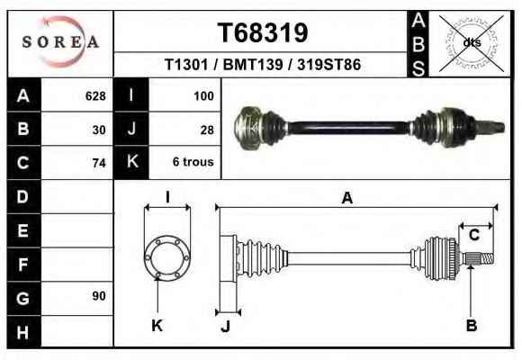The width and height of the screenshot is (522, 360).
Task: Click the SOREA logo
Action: click(60, 41)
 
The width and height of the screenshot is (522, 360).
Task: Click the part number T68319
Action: click(263, 32)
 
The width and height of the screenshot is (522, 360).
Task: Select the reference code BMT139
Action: click(253, 64)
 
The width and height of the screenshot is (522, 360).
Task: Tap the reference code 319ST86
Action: click(328, 64)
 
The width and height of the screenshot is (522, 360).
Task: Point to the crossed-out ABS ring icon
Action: click(471, 43)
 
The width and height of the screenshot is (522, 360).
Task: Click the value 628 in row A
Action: click(95, 96)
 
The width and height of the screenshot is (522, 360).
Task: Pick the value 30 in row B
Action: click(99, 130)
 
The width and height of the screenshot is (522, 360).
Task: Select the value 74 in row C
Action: click(99, 163)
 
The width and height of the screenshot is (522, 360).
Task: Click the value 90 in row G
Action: click(99, 296)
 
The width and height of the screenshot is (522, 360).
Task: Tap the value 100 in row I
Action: click(203, 96)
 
